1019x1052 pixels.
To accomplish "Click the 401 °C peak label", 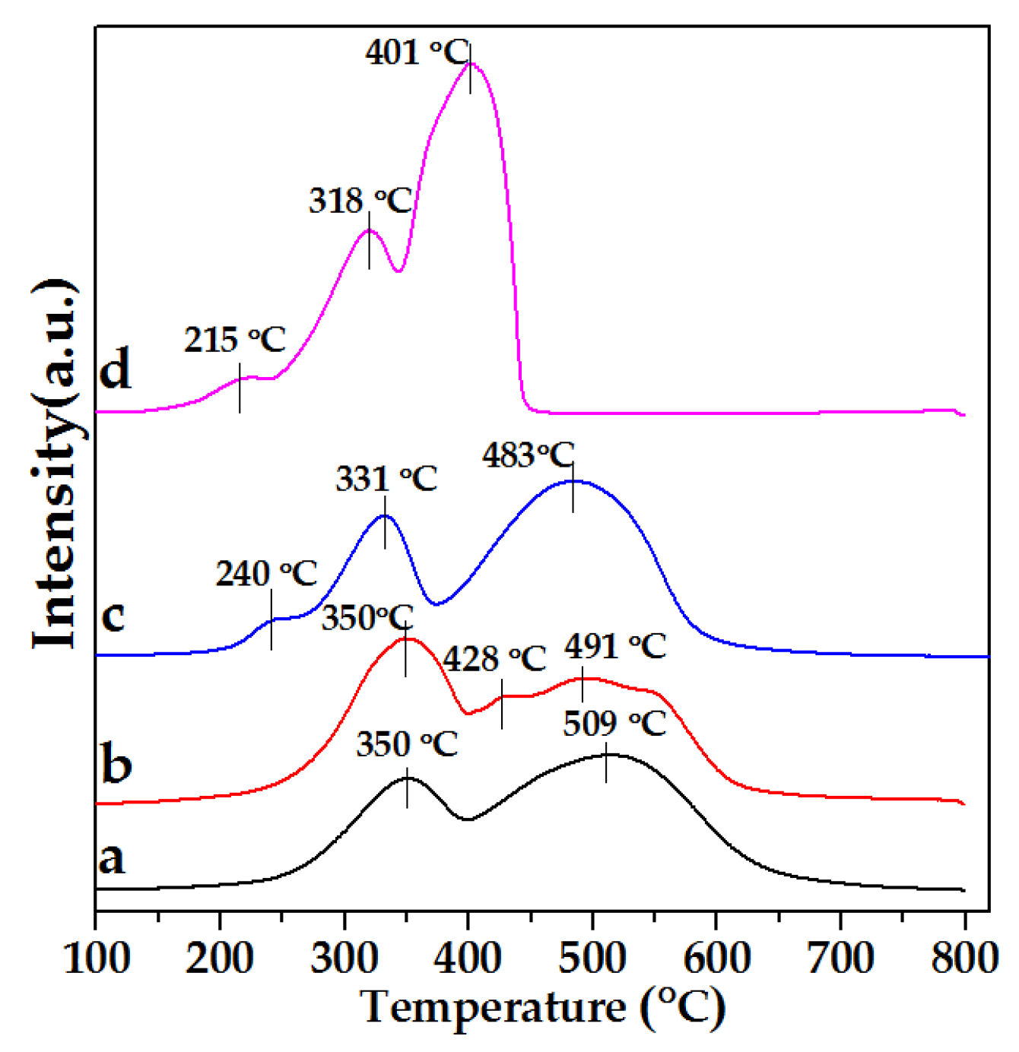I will [x=417, y=53].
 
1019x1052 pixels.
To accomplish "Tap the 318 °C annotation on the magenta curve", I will [x=360, y=201].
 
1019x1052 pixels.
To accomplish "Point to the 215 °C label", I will [x=234, y=340].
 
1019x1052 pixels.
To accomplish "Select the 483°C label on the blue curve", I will [x=528, y=455].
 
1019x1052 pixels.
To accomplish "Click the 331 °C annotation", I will [x=386, y=480].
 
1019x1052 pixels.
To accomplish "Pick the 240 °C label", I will [x=266, y=574].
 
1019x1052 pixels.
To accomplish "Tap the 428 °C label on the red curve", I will [x=494, y=659].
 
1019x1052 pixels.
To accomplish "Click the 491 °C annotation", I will [x=615, y=647].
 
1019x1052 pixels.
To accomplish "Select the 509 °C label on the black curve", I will [x=614, y=724].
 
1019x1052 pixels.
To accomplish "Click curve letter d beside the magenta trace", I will [x=116, y=369].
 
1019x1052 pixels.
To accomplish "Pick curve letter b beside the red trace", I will [x=116, y=763].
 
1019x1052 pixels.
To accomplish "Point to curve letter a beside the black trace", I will [x=112, y=859].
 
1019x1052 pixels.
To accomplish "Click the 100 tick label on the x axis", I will [x=97, y=958].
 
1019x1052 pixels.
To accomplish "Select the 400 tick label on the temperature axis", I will [x=468, y=958].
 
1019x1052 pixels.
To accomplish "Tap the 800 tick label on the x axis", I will [x=964, y=958].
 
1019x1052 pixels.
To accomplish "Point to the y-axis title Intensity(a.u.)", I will [x=55, y=464].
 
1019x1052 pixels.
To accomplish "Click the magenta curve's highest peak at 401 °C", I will [x=471, y=63].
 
